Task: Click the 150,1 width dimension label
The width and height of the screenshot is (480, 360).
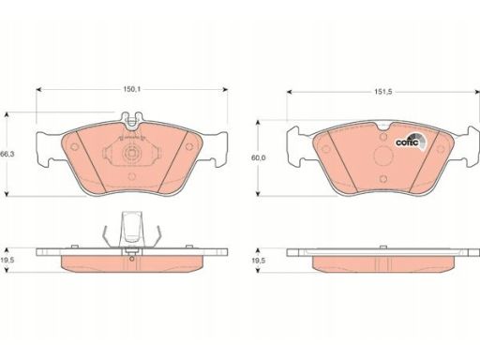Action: pos(131,89)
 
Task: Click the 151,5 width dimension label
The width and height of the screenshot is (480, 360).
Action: pos(383,92)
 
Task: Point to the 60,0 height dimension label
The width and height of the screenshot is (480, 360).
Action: pos(258,157)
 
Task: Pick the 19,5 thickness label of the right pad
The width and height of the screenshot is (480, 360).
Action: pos(258,260)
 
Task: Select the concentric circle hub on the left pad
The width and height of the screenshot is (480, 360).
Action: pos(131,154)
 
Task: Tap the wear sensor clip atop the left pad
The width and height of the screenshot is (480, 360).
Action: pos(132,121)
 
